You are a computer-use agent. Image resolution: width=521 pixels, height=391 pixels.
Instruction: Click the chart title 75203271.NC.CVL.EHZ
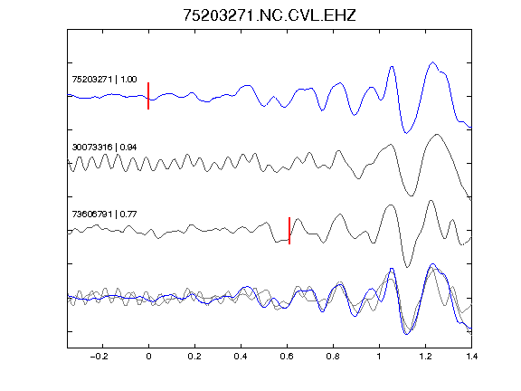click(x=270, y=15)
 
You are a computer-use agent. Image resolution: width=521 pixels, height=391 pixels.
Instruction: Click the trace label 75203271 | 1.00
click(x=104, y=80)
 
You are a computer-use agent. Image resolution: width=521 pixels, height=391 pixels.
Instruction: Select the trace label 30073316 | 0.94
click(x=104, y=147)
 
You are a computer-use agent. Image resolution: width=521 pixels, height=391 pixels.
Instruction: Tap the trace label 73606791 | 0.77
click(x=104, y=215)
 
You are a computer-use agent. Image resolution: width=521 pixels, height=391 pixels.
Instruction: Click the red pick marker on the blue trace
click(x=148, y=96)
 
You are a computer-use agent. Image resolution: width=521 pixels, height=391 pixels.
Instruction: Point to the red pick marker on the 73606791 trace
click(x=289, y=231)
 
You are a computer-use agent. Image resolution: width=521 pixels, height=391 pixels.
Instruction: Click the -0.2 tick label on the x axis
click(x=99, y=357)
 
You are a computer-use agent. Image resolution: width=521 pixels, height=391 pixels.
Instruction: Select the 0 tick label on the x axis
click(x=148, y=357)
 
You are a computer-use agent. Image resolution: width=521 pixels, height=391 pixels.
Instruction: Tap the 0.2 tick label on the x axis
click(x=194, y=357)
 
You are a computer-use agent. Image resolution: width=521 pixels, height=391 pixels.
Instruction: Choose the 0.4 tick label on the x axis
click(x=241, y=357)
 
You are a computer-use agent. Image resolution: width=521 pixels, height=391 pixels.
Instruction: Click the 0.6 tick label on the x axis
click(x=287, y=357)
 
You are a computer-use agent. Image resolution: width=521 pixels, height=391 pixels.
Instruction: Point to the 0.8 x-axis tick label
click(x=333, y=357)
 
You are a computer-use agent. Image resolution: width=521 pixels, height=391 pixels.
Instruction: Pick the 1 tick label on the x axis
click(x=379, y=357)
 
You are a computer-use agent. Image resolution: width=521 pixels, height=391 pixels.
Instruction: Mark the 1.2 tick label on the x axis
click(x=425, y=357)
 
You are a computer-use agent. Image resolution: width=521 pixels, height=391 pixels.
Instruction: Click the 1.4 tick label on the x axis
click(x=471, y=357)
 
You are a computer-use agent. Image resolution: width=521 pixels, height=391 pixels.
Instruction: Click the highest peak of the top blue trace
click(x=432, y=62)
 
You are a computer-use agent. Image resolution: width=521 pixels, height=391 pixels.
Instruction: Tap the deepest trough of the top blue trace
click(x=406, y=133)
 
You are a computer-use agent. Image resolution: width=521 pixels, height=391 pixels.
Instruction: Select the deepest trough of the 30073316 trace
click(x=411, y=195)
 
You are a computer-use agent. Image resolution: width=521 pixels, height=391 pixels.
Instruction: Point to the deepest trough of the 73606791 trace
click(x=407, y=267)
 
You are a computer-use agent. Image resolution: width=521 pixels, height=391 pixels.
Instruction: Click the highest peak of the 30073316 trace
click(x=437, y=134)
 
